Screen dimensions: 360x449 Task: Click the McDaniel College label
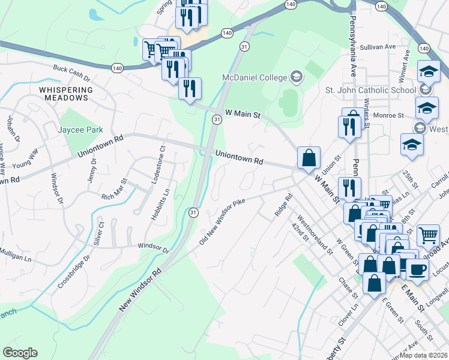pos(255,77)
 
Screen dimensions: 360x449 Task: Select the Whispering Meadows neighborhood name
pos(66,94)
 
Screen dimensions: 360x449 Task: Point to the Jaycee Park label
pos(80,130)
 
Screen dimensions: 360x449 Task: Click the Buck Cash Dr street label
pos(71,74)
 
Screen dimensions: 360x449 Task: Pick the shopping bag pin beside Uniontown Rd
pos(309,158)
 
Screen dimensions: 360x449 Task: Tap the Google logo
pos(20,353)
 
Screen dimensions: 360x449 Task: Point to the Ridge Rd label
pos(282,204)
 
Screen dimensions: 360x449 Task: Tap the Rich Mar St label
pos(114,188)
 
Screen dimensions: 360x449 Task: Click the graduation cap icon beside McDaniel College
pos(296,77)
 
